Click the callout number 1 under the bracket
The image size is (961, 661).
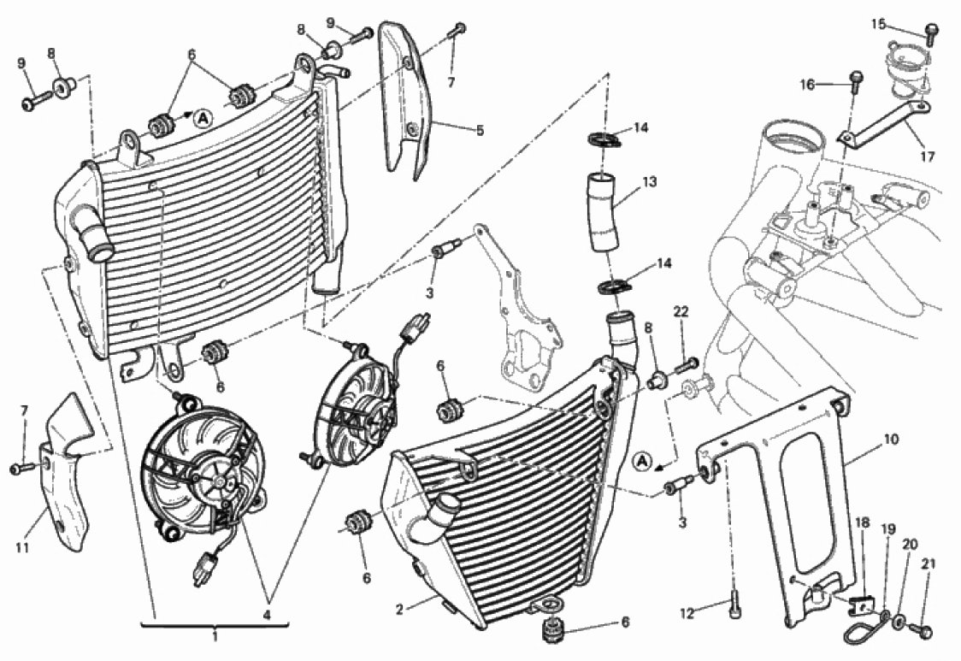coord(215,636)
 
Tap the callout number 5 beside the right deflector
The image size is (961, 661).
coord(480,131)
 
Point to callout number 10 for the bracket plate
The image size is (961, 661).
coord(891,440)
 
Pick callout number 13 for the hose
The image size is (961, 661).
coord(650,181)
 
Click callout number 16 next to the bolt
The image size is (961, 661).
coord(808,84)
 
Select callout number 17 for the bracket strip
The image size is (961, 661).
coord(927,156)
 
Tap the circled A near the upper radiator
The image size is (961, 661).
coord(202,117)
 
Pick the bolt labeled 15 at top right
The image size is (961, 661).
coord(931,32)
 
